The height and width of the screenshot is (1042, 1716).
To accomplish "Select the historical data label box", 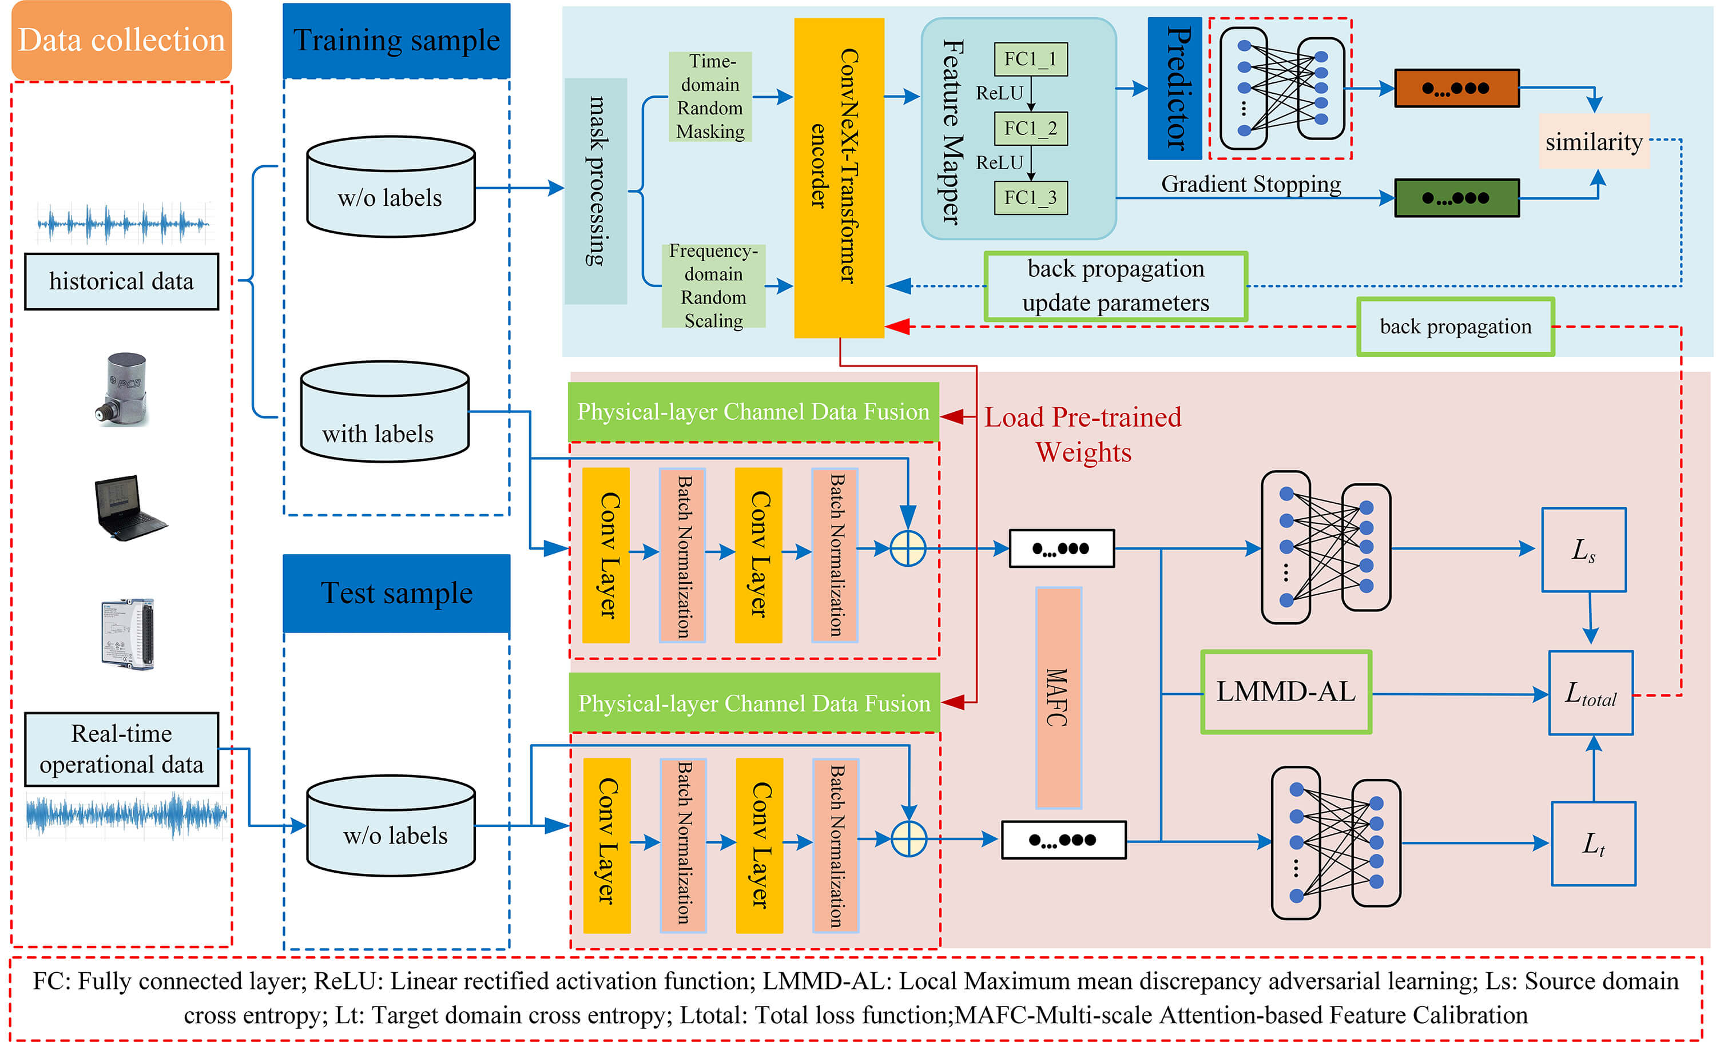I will [x=121, y=281].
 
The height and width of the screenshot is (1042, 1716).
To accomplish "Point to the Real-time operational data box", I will [x=121, y=749].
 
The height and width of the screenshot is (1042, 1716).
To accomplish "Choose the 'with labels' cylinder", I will [x=384, y=412].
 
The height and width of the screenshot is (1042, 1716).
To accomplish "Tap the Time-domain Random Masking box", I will [x=710, y=96].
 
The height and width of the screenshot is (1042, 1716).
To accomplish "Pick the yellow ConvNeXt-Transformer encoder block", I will [x=839, y=178].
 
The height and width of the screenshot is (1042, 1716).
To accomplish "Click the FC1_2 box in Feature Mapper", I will [x=1030, y=128].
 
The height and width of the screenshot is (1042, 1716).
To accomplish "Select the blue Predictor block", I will [x=1174, y=89].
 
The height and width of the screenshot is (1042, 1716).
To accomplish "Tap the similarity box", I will [x=1594, y=141].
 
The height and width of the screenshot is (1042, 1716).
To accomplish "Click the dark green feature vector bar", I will [x=1456, y=198].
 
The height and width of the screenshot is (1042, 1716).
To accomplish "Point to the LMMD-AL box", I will [x=1286, y=691].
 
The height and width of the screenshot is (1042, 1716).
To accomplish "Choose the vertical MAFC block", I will [x=1058, y=697].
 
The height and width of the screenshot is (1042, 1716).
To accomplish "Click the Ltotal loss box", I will [x=1591, y=693].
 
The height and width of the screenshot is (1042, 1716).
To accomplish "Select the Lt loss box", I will [x=1594, y=844].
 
